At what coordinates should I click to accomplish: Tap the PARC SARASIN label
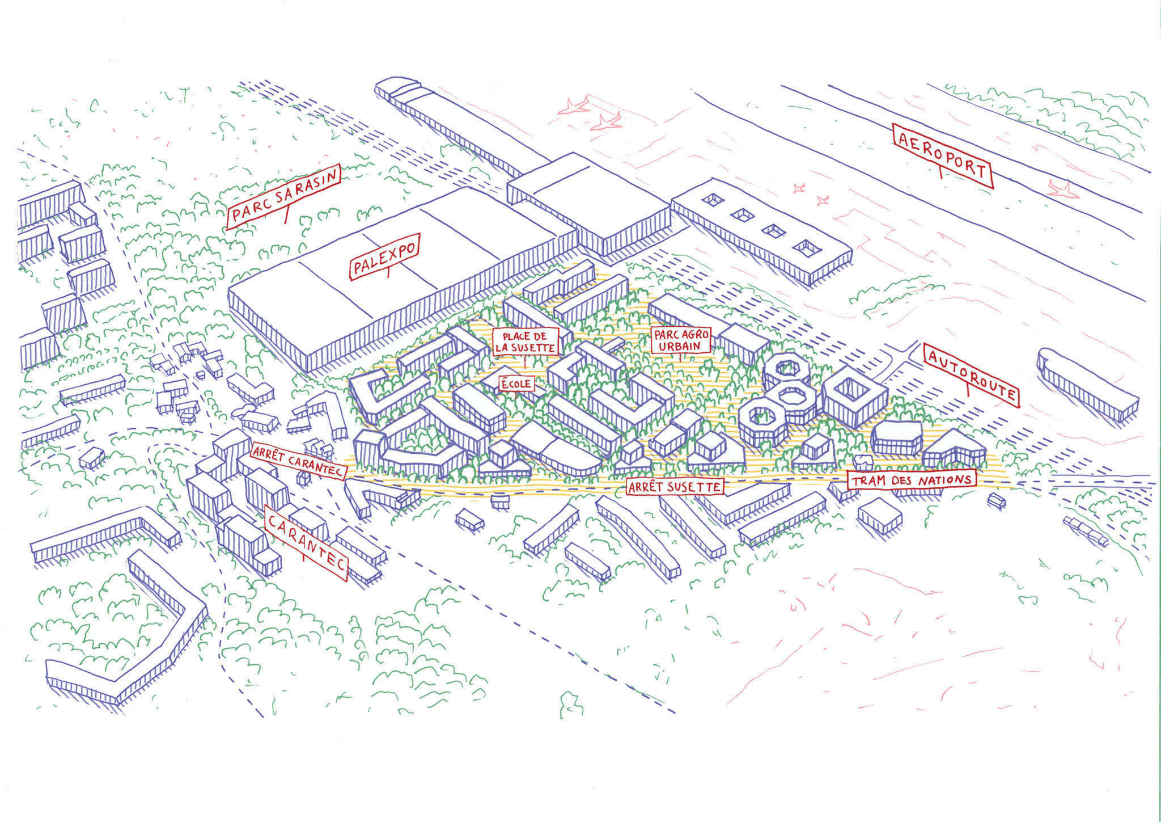(283, 196)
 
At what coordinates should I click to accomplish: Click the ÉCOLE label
(516, 383)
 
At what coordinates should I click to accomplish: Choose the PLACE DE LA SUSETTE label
(525, 342)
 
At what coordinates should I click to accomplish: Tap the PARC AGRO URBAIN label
(681, 340)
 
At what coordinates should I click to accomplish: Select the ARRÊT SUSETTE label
(675, 486)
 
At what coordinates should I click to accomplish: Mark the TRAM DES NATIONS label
(912, 480)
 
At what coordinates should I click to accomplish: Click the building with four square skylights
(760, 233)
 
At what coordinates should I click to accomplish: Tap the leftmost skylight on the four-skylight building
(713, 199)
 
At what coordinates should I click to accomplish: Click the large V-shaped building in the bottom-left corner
(125, 635)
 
